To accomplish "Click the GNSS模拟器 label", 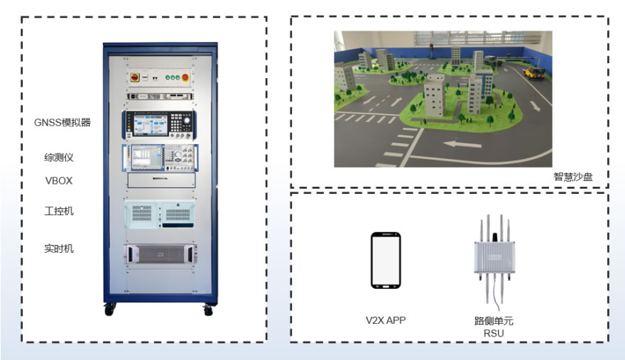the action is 62,122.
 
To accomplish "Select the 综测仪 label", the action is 59,158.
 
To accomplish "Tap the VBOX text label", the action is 59,180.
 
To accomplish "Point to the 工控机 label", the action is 59,211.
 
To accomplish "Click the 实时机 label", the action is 59,249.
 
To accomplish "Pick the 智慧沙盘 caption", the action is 573,177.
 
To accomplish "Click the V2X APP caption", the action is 386,320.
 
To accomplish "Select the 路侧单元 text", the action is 494,320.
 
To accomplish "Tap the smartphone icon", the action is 386,261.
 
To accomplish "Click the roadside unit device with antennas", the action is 494,258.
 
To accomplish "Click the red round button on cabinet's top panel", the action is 185,77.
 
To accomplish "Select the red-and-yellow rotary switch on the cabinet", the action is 135,77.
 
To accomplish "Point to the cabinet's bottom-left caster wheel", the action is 109,309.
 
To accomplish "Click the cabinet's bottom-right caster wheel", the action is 207,310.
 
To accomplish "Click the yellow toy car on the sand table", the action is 534,73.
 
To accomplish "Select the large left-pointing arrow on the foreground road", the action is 462,143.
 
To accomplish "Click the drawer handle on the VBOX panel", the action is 161,178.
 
